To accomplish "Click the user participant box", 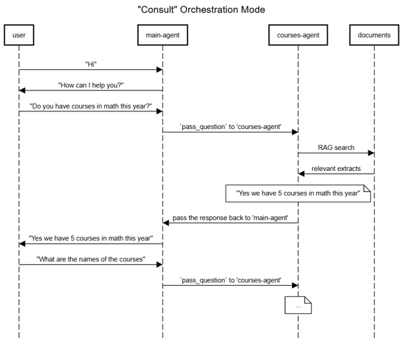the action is click(x=19, y=35).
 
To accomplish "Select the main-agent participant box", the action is click(x=162, y=35).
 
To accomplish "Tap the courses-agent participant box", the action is click(x=298, y=35).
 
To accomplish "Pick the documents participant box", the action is click(x=374, y=35).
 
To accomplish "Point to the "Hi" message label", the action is click(x=91, y=64).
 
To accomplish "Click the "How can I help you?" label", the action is click(x=91, y=85).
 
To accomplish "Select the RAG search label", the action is click(x=336, y=148).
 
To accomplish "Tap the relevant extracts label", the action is click(x=336, y=169).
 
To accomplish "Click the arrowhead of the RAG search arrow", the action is click(x=371, y=153).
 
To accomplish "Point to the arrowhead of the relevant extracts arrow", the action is click(x=301, y=174).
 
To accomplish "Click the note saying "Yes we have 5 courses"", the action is click(x=298, y=193).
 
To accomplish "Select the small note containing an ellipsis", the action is click(x=298, y=305).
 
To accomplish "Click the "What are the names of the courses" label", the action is click(x=91, y=259).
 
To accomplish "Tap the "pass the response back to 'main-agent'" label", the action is click(x=230, y=218).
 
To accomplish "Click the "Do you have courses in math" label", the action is click(x=91, y=106).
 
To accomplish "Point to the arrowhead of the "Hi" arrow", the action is click(x=160, y=69).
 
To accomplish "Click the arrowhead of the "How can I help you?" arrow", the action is click(x=22, y=90).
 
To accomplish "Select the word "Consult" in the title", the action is click(x=157, y=10).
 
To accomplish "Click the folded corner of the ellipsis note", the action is click(x=308, y=300).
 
